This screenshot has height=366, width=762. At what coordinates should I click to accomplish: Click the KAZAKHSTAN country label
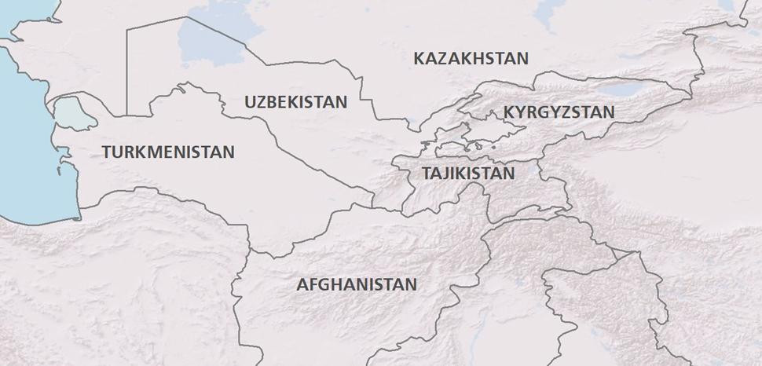pyautogui.click(x=471, y=59)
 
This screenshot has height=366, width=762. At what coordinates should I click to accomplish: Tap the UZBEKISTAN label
pyautogui.click(x=295, y=102)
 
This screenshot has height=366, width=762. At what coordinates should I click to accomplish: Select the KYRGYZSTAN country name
pyautogui.click(x=559, y=112)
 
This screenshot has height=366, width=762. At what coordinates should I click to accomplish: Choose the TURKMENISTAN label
pyautogui.click(x=168, y=152)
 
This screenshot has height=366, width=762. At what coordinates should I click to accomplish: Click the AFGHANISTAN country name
pyautogui.click(x=356, y=284)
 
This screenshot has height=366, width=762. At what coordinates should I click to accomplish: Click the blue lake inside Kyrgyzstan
pyautogui.click(x=617, y=90)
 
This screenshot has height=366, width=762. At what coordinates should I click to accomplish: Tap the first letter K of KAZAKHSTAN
pyautogui.click(x=419, y=59)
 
